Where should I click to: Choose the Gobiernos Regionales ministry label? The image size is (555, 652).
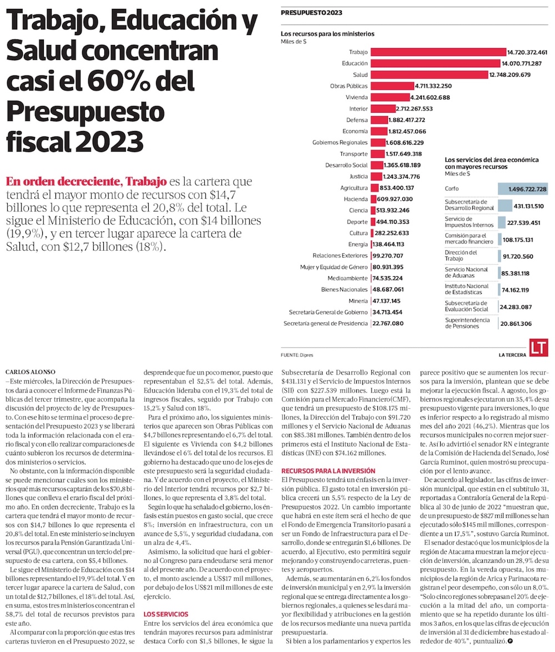[340, 143]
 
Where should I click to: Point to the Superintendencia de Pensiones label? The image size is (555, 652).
[466, 324]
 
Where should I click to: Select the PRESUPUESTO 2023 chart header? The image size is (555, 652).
[311, 12]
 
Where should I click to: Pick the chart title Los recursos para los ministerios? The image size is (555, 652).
[327, 33]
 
